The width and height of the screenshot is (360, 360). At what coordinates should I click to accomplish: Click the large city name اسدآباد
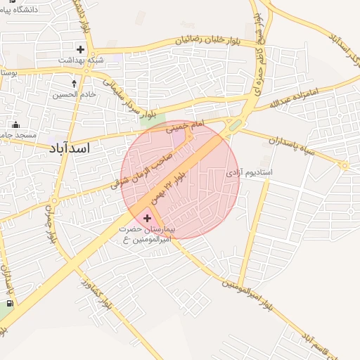pos(70,148)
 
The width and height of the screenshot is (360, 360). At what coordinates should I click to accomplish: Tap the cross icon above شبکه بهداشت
pos(81,49)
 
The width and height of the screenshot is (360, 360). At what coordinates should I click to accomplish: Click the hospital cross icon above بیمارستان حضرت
pos(146,219)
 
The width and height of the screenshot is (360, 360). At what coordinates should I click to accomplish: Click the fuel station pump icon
pos(8,304)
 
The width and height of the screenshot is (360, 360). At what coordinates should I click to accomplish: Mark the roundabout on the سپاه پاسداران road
pos(344,166)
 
